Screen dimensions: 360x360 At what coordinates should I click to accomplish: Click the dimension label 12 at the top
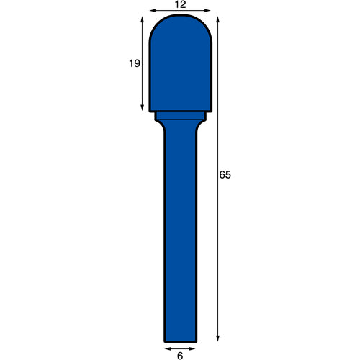click(x=181, y=4)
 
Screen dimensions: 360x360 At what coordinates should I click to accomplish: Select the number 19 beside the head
click(x=135, y=63)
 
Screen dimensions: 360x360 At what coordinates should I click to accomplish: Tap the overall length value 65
click(x=225, y=175)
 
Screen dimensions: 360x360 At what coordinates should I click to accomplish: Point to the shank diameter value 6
click(x=180, y=356)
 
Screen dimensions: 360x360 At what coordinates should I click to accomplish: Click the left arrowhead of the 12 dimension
click(x=153, y=10)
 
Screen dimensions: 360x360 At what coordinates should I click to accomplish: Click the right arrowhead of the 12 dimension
click(x=207, y=10)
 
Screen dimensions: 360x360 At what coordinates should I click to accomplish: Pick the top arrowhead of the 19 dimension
click(x=142, y=19)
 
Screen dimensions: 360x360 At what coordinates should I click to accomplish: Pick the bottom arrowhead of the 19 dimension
click(x=142, y=108)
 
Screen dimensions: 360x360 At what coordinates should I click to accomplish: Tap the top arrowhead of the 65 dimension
click(x=217, y=19)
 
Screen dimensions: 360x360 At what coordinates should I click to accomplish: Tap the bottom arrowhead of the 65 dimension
click(x=217, y=338)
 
